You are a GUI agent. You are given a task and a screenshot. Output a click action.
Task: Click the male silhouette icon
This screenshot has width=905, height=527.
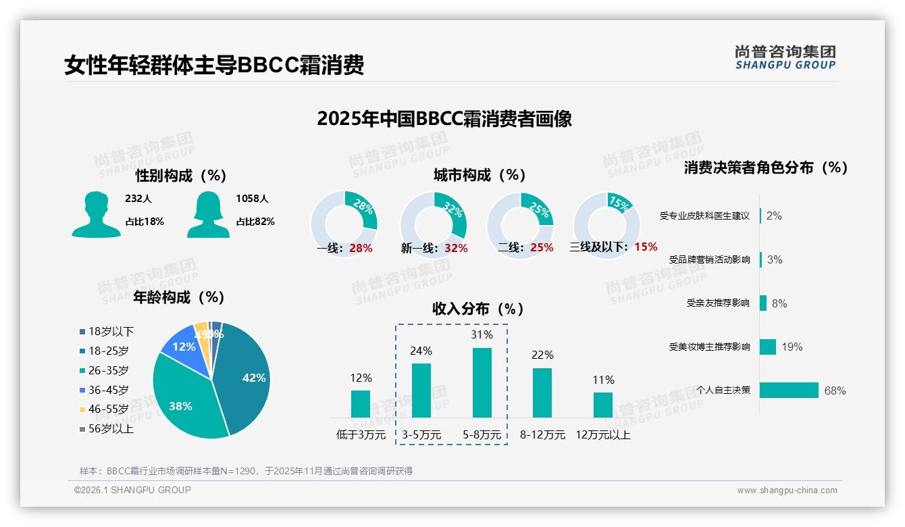click(96, 214)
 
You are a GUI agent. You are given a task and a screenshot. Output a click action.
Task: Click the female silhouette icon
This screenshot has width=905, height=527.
click(208, 214)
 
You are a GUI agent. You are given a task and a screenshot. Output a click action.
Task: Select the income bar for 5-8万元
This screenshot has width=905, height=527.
click(482, 382)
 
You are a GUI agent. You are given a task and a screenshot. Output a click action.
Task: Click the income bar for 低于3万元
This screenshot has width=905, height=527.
click(361, 403)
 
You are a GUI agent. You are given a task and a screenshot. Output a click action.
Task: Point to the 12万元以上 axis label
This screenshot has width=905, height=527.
click(602, 434)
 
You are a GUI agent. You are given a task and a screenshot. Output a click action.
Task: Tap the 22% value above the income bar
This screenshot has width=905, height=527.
click(542, 355)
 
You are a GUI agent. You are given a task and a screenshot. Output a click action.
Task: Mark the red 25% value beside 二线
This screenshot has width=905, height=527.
click(542, 247)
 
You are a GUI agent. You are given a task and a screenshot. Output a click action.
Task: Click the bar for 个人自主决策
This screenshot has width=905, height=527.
click(788, 390)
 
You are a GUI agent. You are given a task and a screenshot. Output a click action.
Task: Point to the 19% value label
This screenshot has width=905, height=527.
click(792, 347)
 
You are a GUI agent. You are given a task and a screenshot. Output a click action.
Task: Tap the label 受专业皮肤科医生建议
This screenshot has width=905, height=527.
click(704, 216)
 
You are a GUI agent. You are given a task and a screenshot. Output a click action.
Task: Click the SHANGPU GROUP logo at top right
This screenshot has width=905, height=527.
click(785, 57)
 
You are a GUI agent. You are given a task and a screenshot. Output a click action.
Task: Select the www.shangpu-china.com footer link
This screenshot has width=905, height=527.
click(787, 490)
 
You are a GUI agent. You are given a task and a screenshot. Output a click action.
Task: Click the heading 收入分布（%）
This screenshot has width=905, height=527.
click(478, 309)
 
